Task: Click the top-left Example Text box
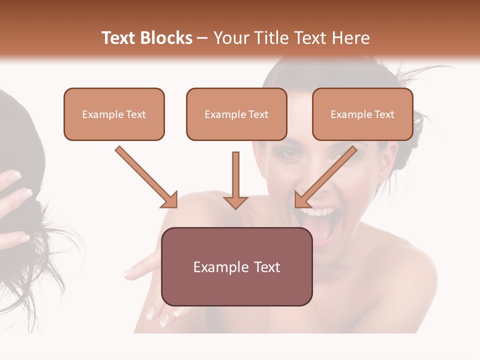(114, 114)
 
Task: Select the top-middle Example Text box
(236, 114)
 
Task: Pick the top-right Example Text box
(362, 114)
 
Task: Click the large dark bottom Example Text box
(237, 266)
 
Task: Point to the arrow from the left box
(145, 176)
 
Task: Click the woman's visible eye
(289, 154)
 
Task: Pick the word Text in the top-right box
(384, 114)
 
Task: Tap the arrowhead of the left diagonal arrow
(170, 200)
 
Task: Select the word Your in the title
(230, 38)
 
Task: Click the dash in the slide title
(202, 38)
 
